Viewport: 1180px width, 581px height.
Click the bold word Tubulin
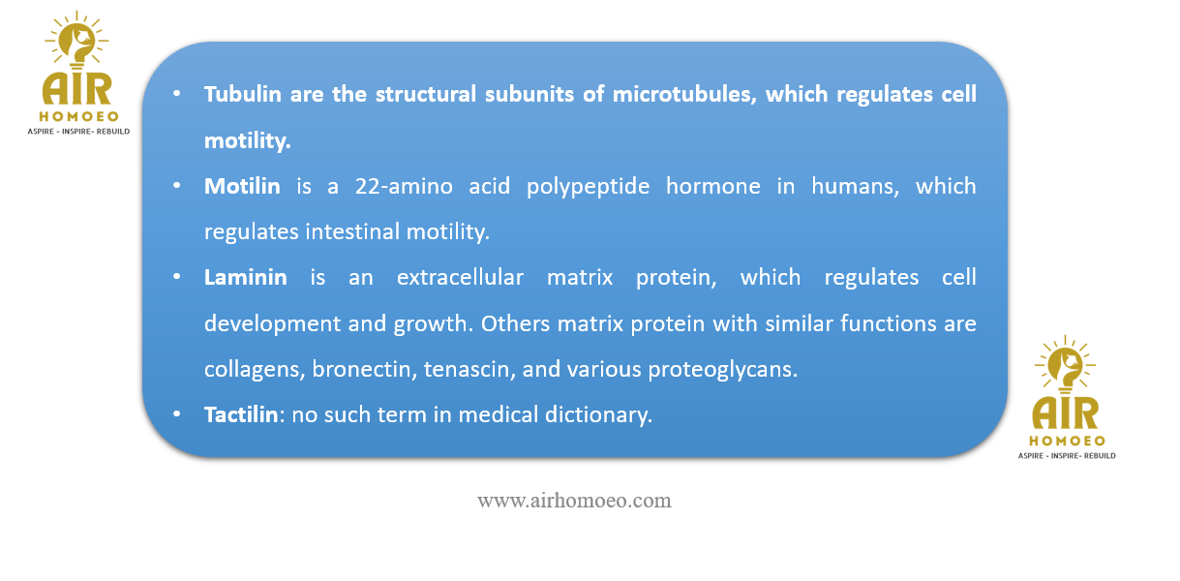[242, 94]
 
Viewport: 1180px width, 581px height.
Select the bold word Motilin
[242, 186]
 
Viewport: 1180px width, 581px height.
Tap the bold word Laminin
[246, 277]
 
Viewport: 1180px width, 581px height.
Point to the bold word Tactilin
[241, 414]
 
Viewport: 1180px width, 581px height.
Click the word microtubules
[684, 94]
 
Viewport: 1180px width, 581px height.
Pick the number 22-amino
[404, 186]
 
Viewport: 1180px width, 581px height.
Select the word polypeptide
[588, 187]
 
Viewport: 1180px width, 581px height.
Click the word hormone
[712, 186]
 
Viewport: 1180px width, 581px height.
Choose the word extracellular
[460, 277]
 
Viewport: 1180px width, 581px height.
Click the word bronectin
[364, 369]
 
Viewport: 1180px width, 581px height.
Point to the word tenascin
[469, 369]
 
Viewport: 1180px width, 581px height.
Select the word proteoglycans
[722, 370]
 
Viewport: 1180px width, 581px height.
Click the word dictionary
[598, 415]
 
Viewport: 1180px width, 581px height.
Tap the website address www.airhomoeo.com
[574, 501]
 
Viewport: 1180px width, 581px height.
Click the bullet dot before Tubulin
[176, 94]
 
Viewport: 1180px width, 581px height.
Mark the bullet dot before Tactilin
[176, 414]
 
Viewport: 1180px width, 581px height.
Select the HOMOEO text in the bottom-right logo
[1068, 441]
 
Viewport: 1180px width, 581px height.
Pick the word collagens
[255, 370]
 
